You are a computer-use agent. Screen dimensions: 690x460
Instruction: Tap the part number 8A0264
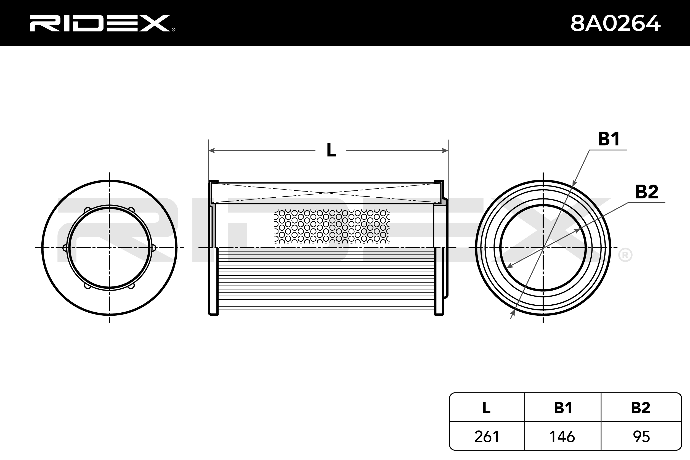(615, 23)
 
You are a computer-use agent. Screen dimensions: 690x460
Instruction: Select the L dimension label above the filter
(331, 150)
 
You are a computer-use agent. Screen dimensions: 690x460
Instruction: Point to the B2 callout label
(647, 192)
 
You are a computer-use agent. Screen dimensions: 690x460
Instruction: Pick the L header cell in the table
(486, 408)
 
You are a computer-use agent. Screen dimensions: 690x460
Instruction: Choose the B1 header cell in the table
(563, 408)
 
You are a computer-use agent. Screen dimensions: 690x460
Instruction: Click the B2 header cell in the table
(640, 408)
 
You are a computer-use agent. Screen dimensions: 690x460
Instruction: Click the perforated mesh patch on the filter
(332, 226)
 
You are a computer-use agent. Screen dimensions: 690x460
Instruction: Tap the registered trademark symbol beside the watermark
(625, 255)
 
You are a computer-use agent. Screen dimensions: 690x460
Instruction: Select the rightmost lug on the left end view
(153, 248)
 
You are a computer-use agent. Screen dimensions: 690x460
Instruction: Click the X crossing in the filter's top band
(326, 193)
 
